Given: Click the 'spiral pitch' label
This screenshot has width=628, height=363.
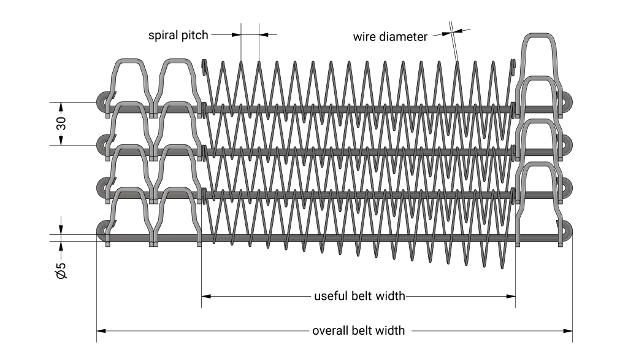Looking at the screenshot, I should click(x=178, y=35).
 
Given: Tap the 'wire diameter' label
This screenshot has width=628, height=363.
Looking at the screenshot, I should click(x=389, y=37).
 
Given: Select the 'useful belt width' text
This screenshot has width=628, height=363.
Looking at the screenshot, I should click(x=359, y=296).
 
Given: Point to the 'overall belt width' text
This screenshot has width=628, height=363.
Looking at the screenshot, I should click(x=359, y=330).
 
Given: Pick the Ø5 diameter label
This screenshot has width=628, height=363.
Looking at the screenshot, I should click(x=61, y=271).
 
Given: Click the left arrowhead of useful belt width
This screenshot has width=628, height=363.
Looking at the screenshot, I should click(x=206, y=296).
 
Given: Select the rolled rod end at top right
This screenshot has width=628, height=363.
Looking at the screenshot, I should click(x=567, y=100).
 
